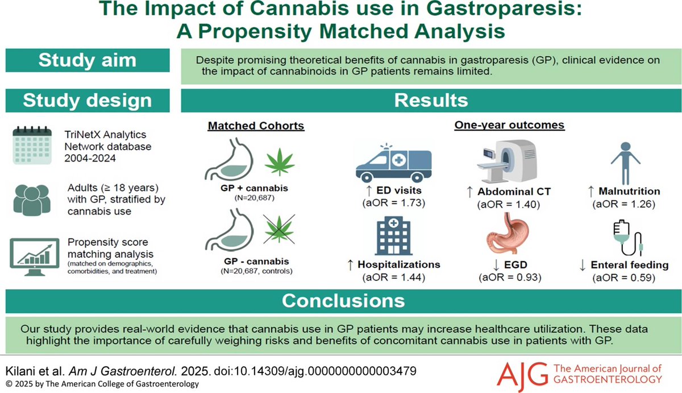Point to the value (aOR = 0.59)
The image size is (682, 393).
point(623,278)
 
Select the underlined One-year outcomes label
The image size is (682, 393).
point(509,126)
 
